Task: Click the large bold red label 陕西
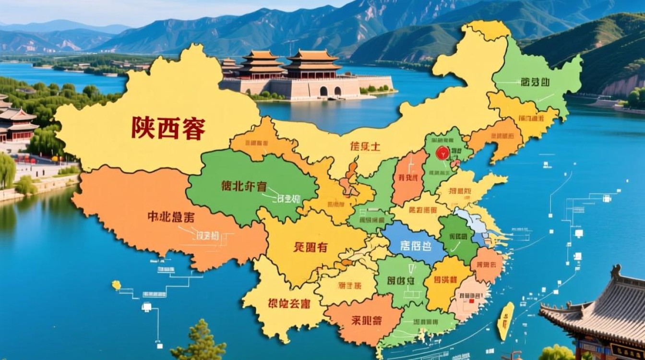tap(168, 128)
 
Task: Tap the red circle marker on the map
tap(442, 153)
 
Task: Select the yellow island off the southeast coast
tap(505, 321)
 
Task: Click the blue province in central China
tap(414, 243)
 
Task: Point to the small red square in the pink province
tap(471, 301)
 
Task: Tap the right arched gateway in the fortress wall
tap(338, 91)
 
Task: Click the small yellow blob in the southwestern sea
tap(117, 285)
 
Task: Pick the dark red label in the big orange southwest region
tap(171, 217)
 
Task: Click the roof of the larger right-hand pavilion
tap(312, 57)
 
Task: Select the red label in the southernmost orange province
tap(366, 321)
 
